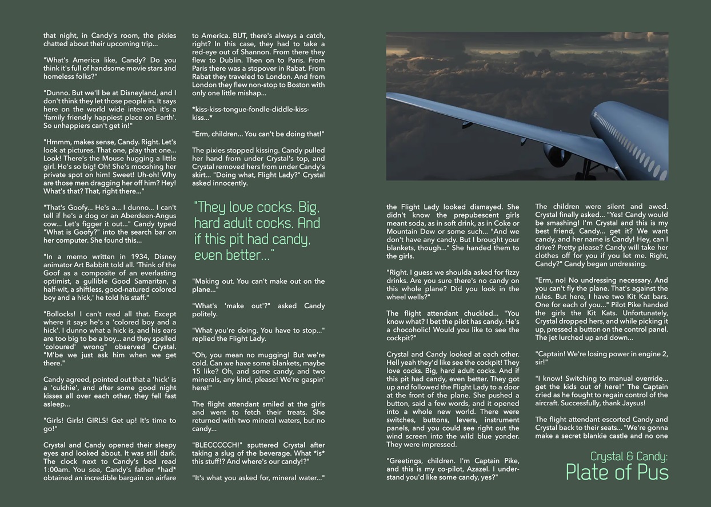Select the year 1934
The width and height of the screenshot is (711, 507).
point(122,256)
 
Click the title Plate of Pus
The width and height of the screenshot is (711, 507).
point(617,473)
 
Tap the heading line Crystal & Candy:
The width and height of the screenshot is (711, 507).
point(629,456)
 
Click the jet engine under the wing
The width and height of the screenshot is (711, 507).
point(557,154)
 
